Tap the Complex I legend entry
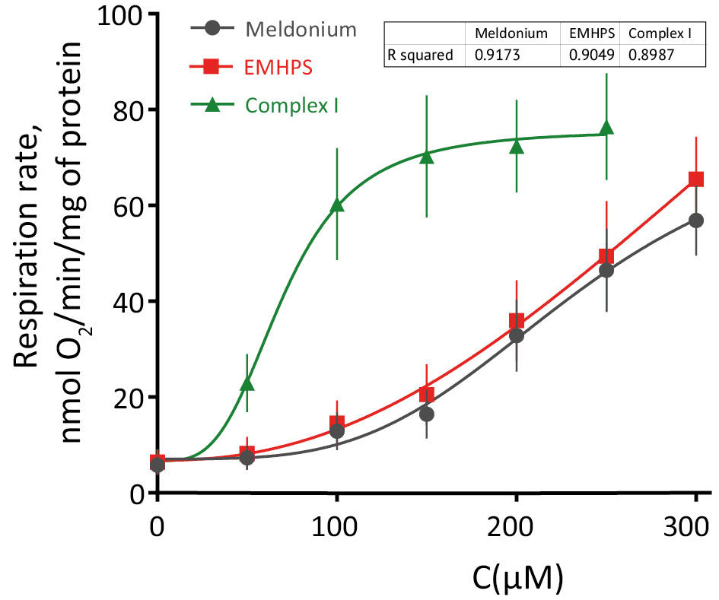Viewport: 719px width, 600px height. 292,104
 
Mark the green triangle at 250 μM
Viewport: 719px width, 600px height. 606,128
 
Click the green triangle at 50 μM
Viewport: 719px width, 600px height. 247,383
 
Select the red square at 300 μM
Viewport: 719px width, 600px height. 695,179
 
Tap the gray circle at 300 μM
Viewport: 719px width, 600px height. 695,221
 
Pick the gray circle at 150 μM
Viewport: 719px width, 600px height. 427,414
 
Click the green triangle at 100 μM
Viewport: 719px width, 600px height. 337,205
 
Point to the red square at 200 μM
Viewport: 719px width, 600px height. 517,321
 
